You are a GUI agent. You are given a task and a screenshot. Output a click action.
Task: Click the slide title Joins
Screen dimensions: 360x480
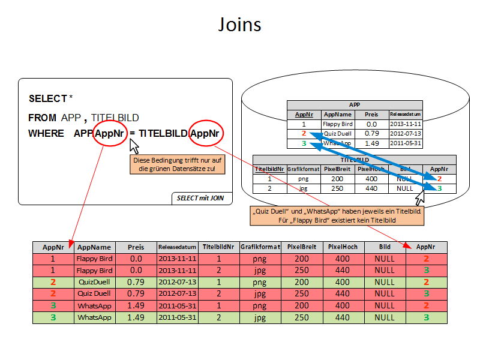[x=239, y=25]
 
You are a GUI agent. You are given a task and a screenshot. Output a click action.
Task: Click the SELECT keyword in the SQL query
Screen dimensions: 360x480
[x=47, y=98]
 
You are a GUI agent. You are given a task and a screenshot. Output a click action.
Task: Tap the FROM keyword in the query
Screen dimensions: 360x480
[x=42, y=118]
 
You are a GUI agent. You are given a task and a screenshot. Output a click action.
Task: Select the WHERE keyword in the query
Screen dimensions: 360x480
[x=46, y=133]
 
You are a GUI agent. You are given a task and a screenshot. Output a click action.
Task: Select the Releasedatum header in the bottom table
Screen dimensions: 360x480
[x=178, y=247]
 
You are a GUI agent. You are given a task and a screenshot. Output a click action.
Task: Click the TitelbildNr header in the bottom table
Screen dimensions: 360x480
[x=218, y=247]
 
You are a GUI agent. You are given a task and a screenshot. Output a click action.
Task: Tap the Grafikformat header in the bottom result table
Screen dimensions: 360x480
[x=260, y=247]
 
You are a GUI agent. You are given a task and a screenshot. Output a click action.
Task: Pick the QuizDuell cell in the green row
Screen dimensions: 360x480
[x=94, y=282]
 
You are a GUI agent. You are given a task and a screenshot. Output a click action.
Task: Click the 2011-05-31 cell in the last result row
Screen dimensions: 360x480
[x=178, y=317]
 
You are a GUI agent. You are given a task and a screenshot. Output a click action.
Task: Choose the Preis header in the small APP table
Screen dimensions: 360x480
[x=371, y=114]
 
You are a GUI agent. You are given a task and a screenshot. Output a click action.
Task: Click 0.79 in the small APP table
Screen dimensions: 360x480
[x=371, y=133]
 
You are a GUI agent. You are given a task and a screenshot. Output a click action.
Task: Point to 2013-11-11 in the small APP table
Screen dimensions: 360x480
[x=406, y=124]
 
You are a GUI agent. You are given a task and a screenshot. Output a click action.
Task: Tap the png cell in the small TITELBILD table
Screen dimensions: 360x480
[x=303, y=179]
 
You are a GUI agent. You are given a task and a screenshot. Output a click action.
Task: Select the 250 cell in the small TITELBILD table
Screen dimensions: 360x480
[x=337, y=188]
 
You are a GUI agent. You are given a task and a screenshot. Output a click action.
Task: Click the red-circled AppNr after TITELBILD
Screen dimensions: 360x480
[x=206, y=133]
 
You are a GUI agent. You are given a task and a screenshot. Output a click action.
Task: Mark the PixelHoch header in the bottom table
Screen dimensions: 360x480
[x=343, y=247]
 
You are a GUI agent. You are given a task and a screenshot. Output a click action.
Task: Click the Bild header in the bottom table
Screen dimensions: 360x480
[x=385, y=247]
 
